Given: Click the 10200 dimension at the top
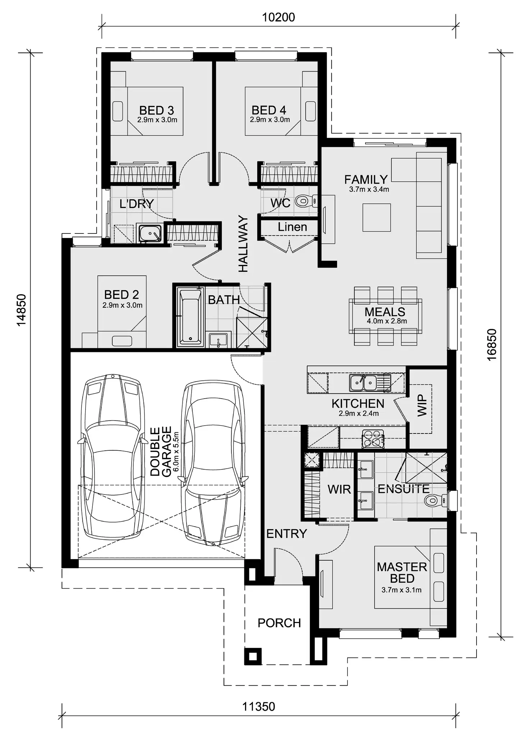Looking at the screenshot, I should pos(279,17).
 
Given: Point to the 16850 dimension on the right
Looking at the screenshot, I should pos(492,344).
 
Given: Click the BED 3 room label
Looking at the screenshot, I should pos(157,110).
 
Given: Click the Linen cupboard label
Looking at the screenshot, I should pos(292,227).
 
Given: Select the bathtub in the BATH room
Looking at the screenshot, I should pos(190,316).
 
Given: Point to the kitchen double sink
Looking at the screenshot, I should pos(363,382).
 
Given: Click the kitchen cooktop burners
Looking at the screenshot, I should pos(373,439).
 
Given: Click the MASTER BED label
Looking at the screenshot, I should pos(402,572).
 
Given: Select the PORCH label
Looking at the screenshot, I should pos(279,623).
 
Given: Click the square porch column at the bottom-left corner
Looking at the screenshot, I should pos(253,656).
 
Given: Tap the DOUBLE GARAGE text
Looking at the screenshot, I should pos(161,451).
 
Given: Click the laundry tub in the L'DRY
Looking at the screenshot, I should pos(150,233).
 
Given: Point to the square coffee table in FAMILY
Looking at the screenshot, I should pos(376,217).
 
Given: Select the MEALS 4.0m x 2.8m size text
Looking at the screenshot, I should pos(387,321).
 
